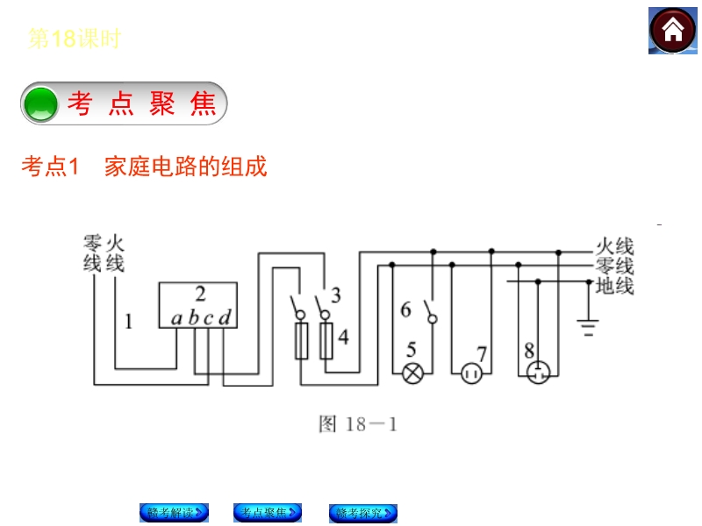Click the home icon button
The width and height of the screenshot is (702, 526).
[673, 31]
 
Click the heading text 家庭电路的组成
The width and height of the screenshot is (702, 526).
[185, 166]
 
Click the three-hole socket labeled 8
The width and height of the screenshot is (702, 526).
[537, 374]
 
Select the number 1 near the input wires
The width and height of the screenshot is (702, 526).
[128, 322]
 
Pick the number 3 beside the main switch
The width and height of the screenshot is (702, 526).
[335, 295]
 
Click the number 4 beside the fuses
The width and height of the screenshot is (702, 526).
[343, 338]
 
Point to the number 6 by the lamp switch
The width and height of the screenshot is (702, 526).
[405, 309]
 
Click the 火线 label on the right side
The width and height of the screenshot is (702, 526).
[614, 246]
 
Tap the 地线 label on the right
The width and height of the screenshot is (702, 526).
[614, 286]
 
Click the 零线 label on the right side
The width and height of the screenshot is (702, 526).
[614, 267]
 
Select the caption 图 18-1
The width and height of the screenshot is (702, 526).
[358, 425]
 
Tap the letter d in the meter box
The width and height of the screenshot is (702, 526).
[225, 318]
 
